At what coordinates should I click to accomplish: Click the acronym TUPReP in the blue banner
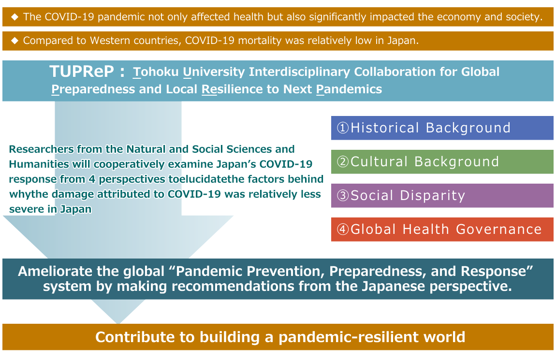click(82, 71)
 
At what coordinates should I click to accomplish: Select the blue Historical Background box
click(442, 128)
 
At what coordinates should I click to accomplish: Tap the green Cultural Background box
click(442, 161)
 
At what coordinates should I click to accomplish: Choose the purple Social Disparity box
click(442, 196)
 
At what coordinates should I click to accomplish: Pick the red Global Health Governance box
click(442, 229)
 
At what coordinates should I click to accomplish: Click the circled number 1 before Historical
click(343, 128)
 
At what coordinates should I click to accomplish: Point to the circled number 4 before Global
click(343, 229)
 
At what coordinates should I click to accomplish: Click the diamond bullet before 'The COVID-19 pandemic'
click(15, 16)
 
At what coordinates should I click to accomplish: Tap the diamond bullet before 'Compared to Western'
click(15, 41)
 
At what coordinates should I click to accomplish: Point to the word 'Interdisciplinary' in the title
click(300, 72)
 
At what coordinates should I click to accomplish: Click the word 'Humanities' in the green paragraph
click(39, 164)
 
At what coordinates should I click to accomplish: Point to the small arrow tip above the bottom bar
click(118, 323)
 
